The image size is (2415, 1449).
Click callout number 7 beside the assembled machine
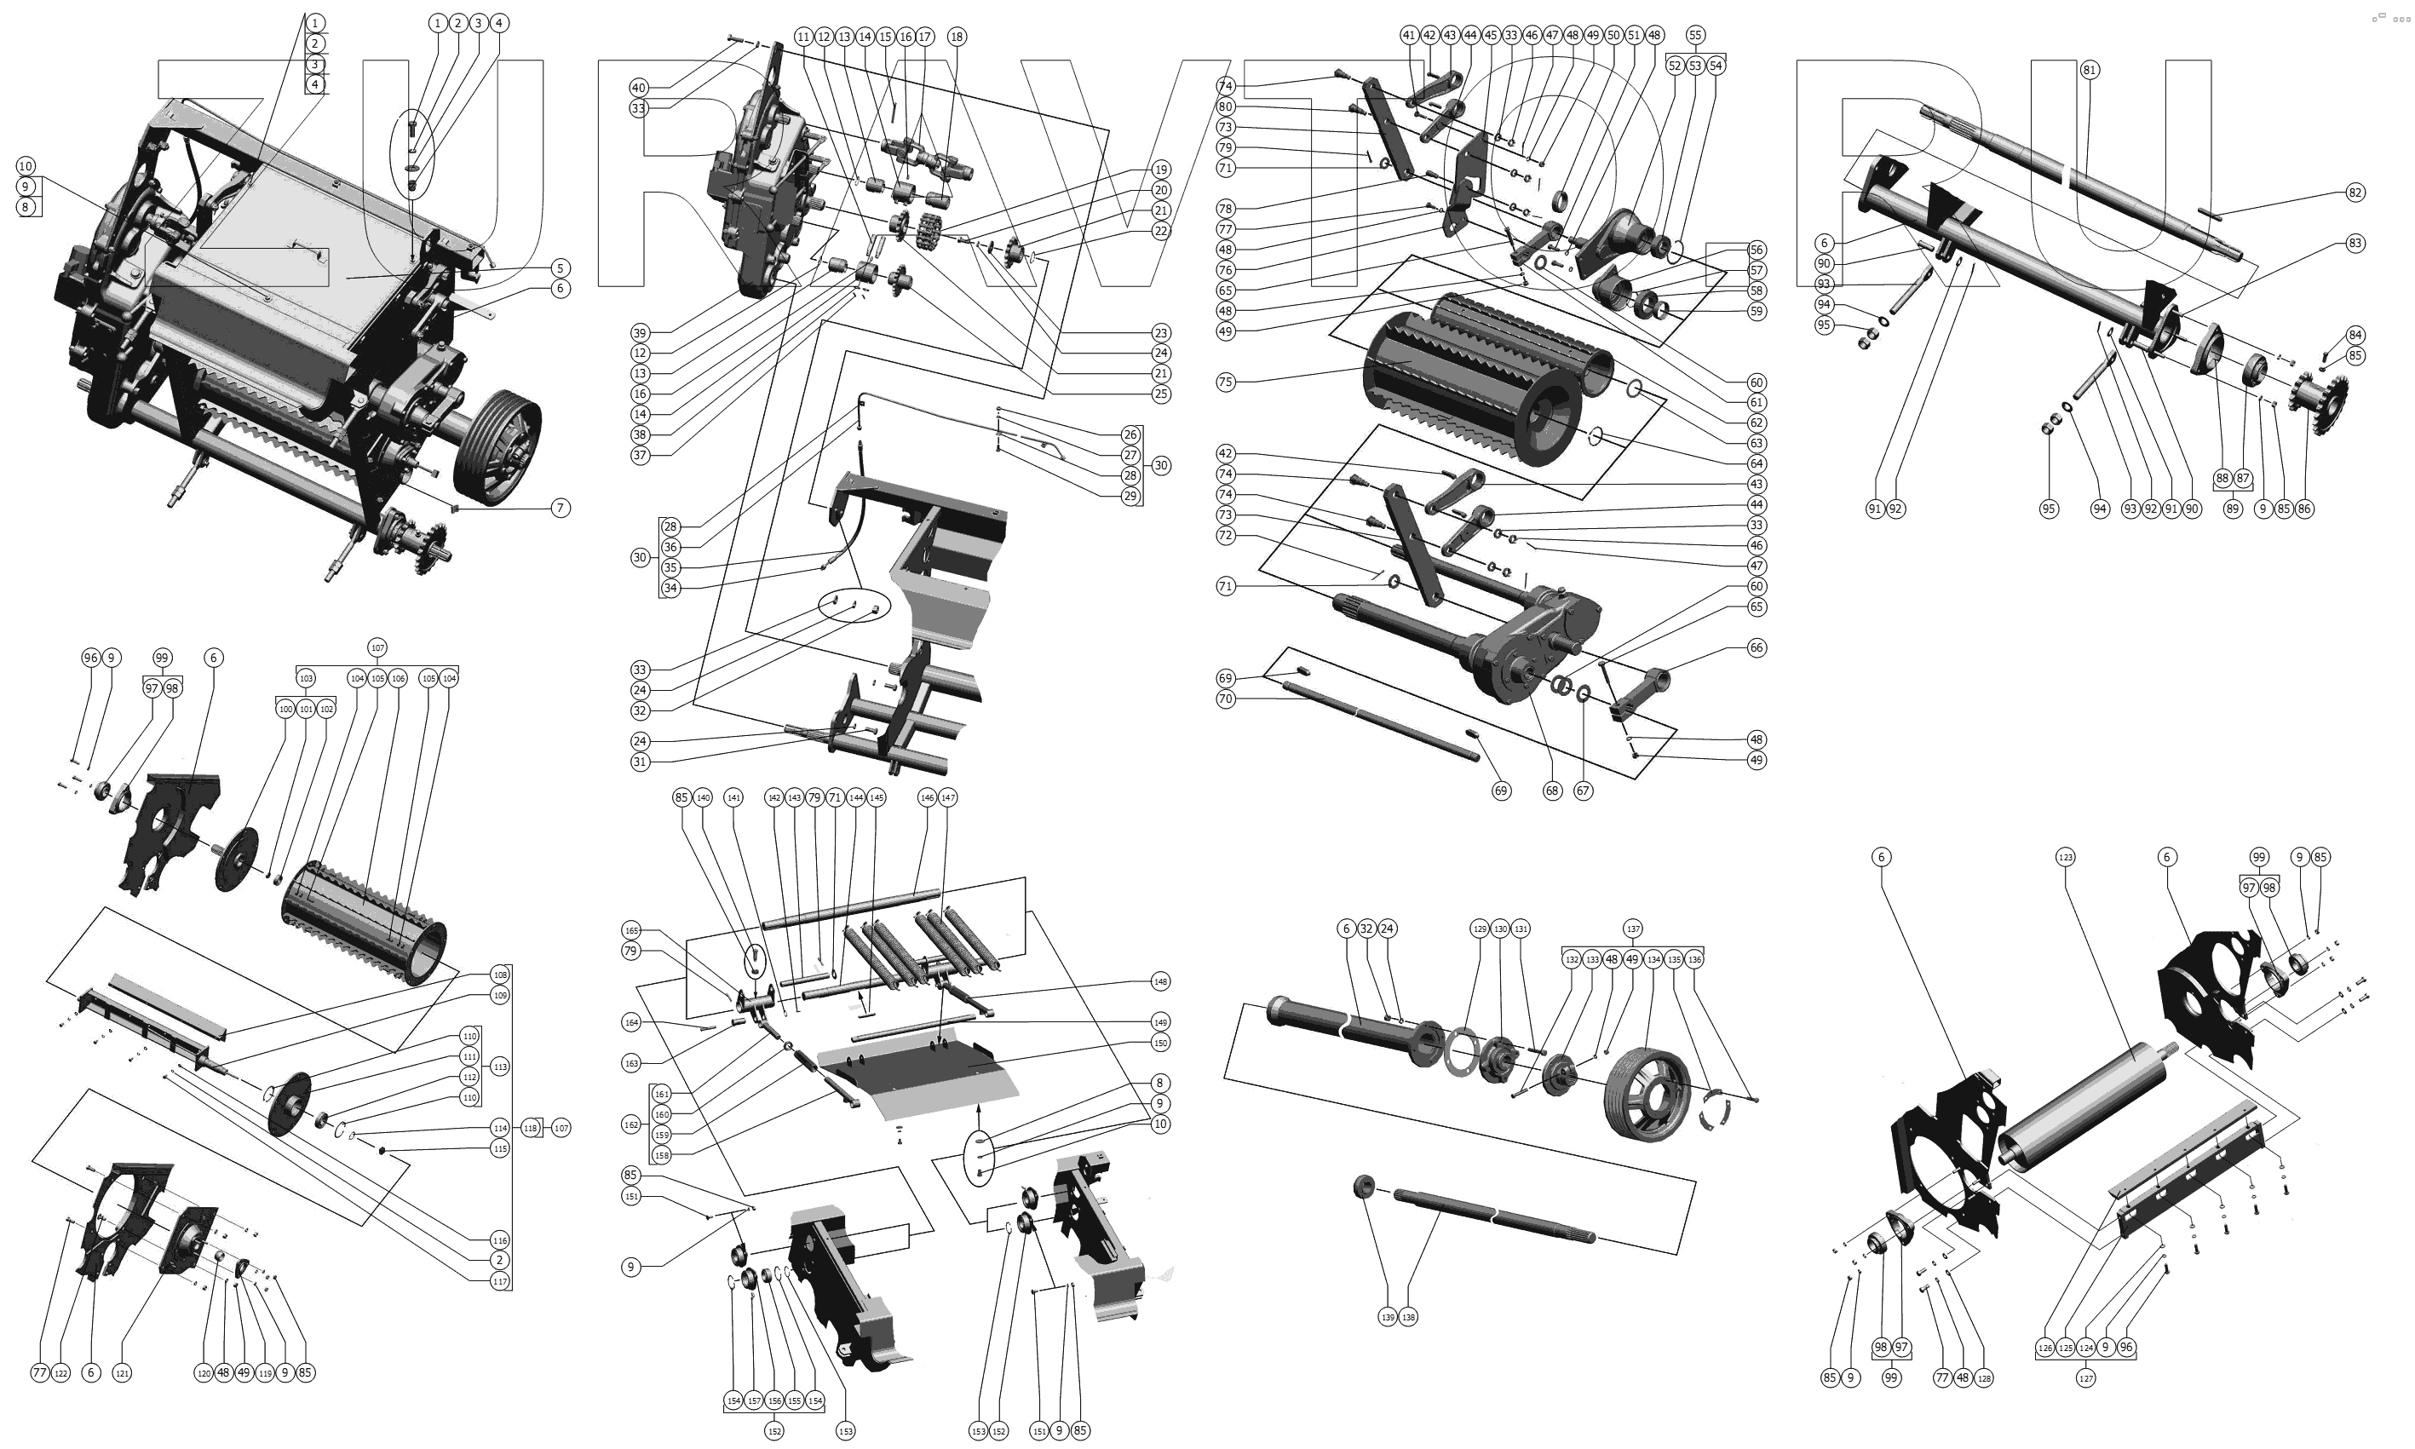click(x=561, y=508)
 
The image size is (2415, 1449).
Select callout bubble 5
click(x=560, y=268)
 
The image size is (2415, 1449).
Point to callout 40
click(x=638, y=88)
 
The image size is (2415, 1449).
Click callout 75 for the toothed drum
click(x=1225, y=382)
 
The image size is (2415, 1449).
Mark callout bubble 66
click(x=1757, y=647)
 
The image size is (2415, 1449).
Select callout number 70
click(x=1225, y=699)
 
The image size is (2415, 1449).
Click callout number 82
click(x=2355, y=193)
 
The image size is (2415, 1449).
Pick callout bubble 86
click(x=2303, y=509)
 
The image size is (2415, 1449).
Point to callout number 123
click(x=2066, y=857)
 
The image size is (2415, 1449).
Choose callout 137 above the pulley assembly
click(x=1632, y=929)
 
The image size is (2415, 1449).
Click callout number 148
click(x=1159, y=981)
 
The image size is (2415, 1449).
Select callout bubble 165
click(x=631, y=930)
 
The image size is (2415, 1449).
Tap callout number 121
click(x=122, y=1374)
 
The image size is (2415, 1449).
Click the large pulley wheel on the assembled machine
click(x=497, y=445)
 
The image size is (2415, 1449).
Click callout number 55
click(x=1694, y=35)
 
